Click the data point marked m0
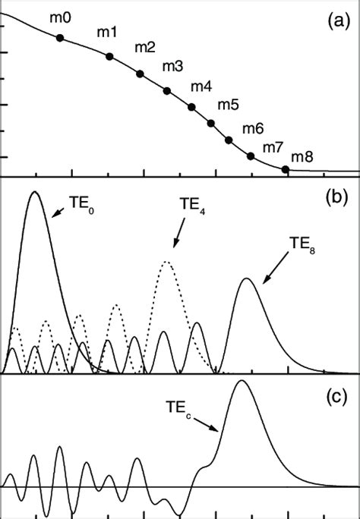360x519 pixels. (x=60, y=37)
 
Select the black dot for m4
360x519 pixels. (x=191, y=107)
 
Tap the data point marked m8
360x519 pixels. (x=286, y=169)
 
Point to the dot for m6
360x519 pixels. (x=229, y=140)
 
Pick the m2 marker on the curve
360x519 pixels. (x=140, y=74)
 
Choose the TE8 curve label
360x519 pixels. (x=302, y=244)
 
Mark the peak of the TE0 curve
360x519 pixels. (x=34, y=192)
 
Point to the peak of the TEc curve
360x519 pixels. (x=242, y=380)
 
